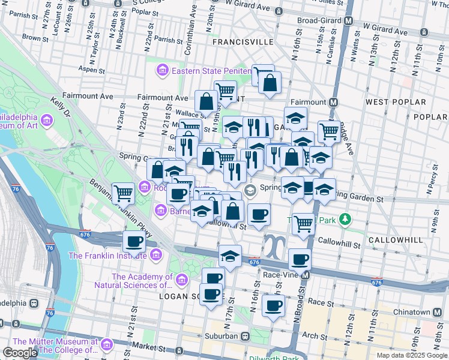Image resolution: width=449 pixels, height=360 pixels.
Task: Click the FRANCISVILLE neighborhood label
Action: pyautogui.click(x=243, y=43)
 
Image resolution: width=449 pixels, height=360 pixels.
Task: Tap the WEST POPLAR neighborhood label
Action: pyautogui.click(x=389, y=102)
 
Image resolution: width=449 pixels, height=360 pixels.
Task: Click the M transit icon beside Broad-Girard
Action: pyautogui.click(x=348, y=20)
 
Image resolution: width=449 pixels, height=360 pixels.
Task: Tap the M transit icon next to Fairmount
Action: pyautogui.click(x=333, y=102)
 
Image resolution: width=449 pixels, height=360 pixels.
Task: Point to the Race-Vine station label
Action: pyautogui.click(x=277, y=275)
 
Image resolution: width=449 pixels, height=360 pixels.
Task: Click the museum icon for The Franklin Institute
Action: pyautogui.click(x=156, y=256)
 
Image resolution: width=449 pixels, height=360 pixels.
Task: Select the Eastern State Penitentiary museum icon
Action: pyautogui.click(x=161, y=71)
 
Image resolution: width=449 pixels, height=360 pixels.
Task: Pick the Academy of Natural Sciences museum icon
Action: pyautogui.click(x=181, y=280)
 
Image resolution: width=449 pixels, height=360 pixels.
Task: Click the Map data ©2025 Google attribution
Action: pyautogui.click(x=412, y=355)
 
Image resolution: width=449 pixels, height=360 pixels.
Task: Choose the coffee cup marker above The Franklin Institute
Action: pyautogui.click(x=134, y=241)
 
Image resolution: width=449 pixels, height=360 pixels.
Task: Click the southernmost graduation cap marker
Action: pyautogui.click(x=230, y=256)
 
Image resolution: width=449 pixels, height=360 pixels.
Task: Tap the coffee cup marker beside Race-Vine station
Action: pyautogui.click(x=300, y=259)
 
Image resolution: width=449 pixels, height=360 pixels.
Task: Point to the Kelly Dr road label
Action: pyautogui.click(x=61, y=109)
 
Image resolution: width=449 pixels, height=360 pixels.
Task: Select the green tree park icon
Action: pyautogui.click(x=345, y=220)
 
